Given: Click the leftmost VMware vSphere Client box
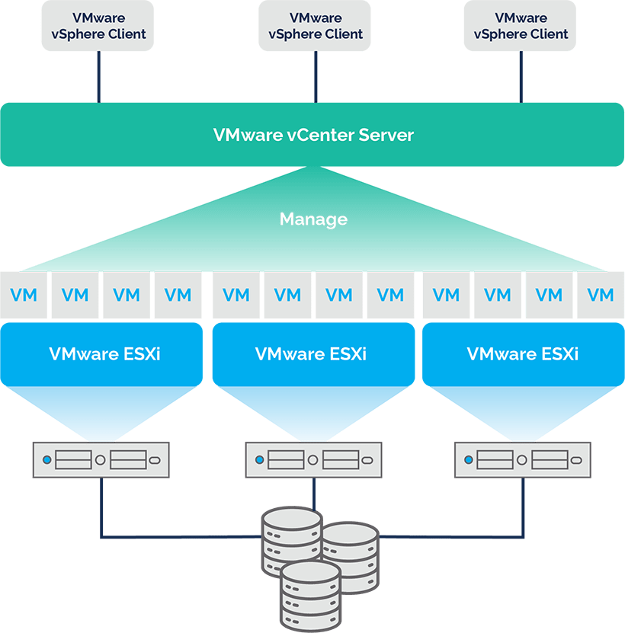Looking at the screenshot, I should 98,26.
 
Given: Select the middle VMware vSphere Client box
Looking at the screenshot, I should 316,26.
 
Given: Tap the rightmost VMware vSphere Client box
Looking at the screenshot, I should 521,26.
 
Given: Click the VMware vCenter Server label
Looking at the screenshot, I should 313,136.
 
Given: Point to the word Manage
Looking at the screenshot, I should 313,219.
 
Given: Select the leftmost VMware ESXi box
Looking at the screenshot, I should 101,354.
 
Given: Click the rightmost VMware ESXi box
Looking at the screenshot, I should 522,354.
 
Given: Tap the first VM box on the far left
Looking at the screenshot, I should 24,295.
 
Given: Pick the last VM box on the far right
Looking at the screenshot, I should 601,295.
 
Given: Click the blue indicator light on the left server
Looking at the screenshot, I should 47,460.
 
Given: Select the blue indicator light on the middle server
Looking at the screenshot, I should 260,460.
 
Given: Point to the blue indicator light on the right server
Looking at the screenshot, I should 469,460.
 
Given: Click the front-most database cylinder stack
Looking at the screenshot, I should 310,594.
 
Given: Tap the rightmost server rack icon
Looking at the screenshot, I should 522,460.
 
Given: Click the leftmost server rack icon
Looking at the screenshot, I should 101,460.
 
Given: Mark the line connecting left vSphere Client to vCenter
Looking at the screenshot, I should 98,77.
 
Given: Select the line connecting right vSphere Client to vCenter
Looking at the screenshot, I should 521,77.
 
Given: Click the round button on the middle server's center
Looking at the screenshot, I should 312,460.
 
